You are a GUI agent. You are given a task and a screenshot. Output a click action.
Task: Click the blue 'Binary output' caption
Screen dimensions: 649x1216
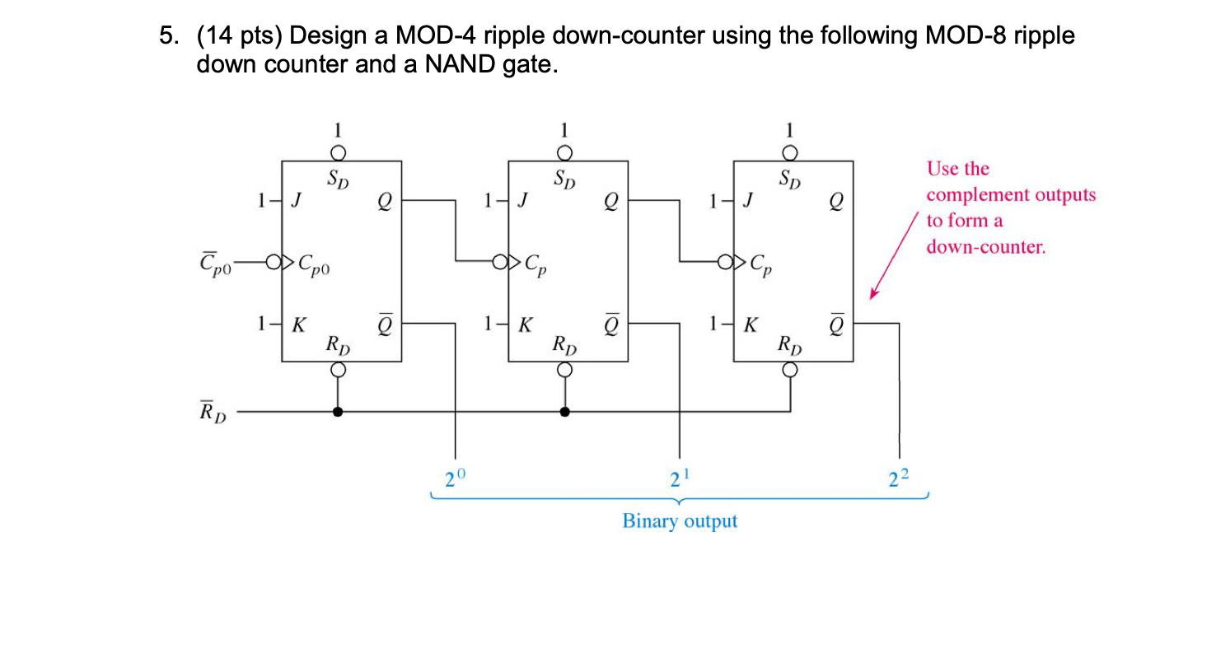(x=680, y=521)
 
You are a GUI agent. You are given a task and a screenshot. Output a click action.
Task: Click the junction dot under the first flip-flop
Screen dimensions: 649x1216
(x=337, y=411)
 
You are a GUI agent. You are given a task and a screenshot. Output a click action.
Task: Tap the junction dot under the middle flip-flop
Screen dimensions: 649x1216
(x=564, y=411)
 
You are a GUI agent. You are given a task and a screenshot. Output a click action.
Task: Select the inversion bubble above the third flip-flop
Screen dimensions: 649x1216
(x=790, y=152)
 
